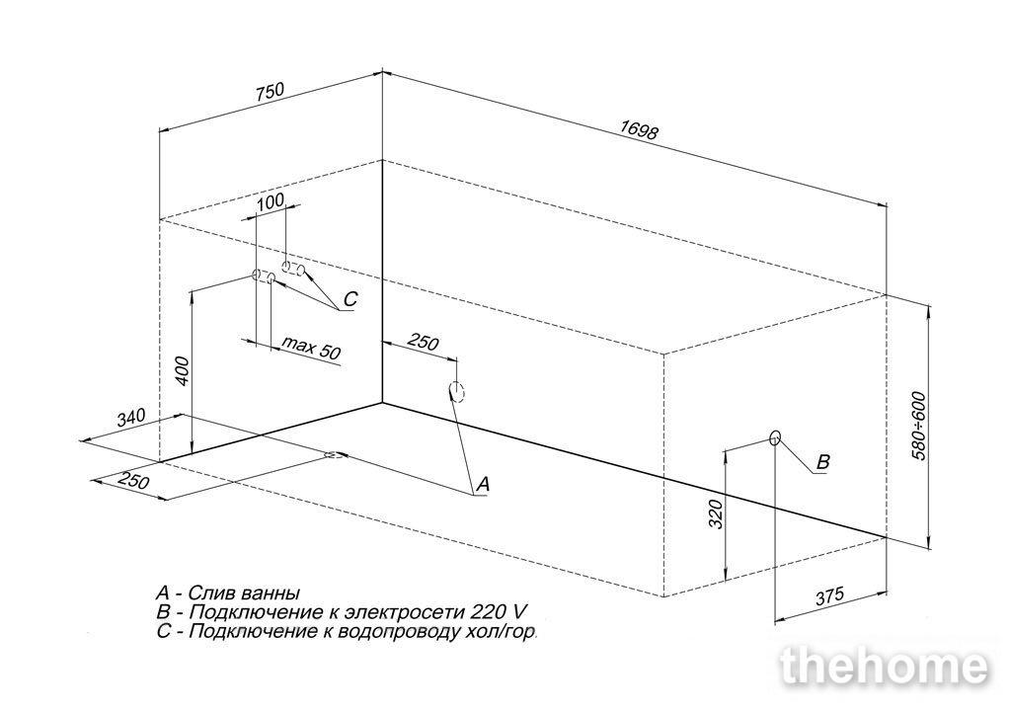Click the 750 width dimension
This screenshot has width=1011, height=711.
(271, 91)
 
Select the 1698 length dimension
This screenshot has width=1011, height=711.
(639, 130)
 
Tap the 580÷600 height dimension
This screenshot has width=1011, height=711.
(919, 426)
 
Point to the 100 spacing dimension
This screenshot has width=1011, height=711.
(271, 201)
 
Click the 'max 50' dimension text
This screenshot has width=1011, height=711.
(311, 349)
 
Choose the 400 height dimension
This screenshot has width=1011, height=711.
(183, 371)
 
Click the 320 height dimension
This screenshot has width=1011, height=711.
(717, 513)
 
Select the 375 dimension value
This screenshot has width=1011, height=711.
(829, 596)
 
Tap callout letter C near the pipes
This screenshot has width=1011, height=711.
(350, 299)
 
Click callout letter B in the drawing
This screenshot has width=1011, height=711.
(822, 462)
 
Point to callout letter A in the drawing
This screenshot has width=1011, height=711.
(483, 484)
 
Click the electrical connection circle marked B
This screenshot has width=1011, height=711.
(775, 438)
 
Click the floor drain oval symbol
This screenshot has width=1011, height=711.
(334, 455)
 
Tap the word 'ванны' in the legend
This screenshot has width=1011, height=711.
(272, 592)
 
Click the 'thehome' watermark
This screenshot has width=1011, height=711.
(884, 667)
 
